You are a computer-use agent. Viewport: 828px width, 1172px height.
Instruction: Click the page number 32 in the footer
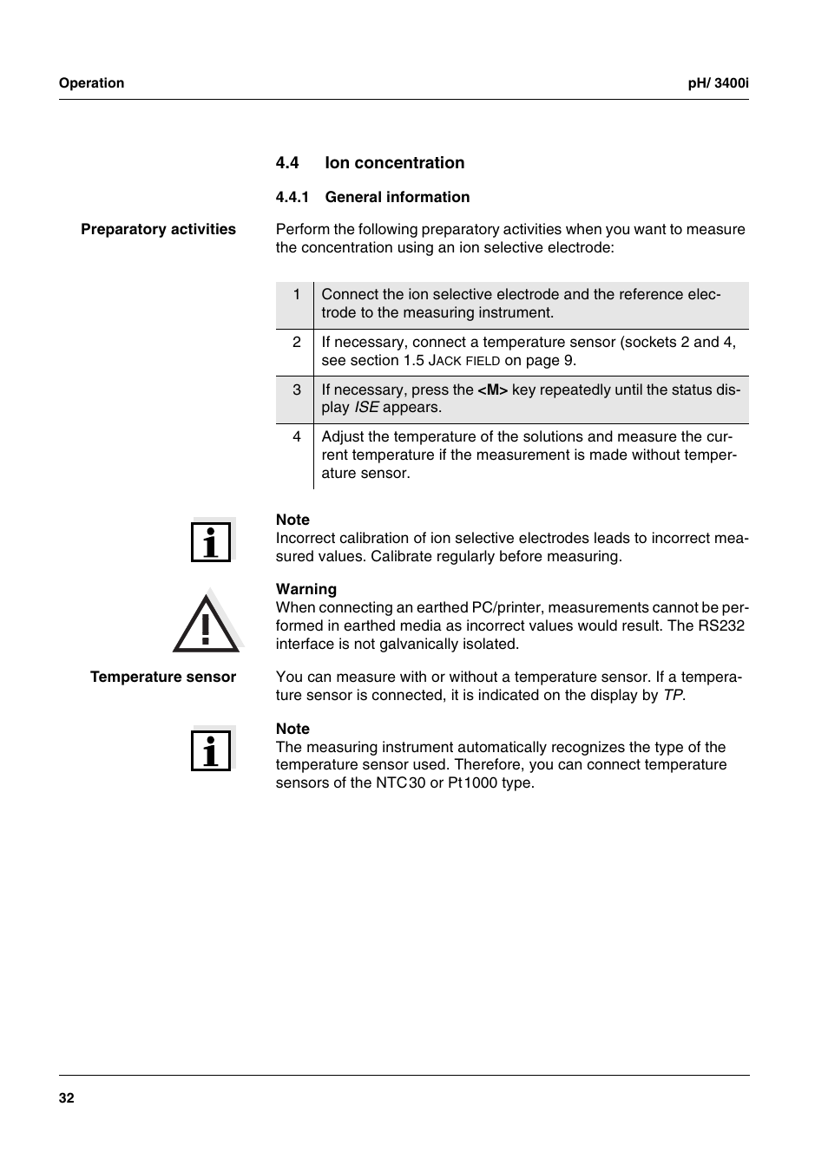click(x=67, y=1098)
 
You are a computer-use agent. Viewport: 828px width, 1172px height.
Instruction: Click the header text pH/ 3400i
click(x=718, y=83)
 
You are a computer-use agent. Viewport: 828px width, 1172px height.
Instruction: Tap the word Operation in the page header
click(x=91, y=83)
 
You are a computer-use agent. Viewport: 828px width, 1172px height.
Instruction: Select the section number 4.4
click(x=287, y=163)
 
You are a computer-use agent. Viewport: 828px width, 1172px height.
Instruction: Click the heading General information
click(x=398, y=198)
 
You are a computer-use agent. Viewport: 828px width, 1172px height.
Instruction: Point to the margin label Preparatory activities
click(x=158, y=230)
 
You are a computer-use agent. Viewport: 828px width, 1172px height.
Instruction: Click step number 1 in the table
click(x=297, y=294)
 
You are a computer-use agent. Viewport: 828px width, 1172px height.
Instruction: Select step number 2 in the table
click(x=297, y=342)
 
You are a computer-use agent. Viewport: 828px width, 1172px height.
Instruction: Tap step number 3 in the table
click(x=297, y=390)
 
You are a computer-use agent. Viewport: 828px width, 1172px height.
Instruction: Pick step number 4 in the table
click(x=297, y=436)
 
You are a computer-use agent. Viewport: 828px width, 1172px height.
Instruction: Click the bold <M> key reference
click(x=492, y=390)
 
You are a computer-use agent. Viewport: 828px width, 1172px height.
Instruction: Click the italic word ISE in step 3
click(x=366, y=408)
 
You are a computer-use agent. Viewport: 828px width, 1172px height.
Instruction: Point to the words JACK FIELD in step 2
click(x=464, y=361)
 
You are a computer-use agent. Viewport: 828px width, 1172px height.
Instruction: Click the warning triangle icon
click(x=206, y=623)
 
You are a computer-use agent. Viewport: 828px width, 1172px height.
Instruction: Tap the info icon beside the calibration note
click(x=211, y=541)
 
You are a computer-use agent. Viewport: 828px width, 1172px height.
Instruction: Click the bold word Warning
click(x=306, y=590)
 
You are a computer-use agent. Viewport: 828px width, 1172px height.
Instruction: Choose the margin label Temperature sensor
click(x=163, y=678)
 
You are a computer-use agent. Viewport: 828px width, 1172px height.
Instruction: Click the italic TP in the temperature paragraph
click(x=673, y=696)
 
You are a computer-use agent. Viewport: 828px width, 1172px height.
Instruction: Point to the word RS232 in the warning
click(x=720, y=626)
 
